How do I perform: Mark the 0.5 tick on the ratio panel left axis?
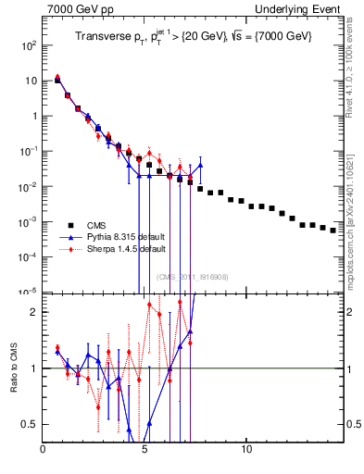(31, 424)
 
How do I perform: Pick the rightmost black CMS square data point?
(333, 231)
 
